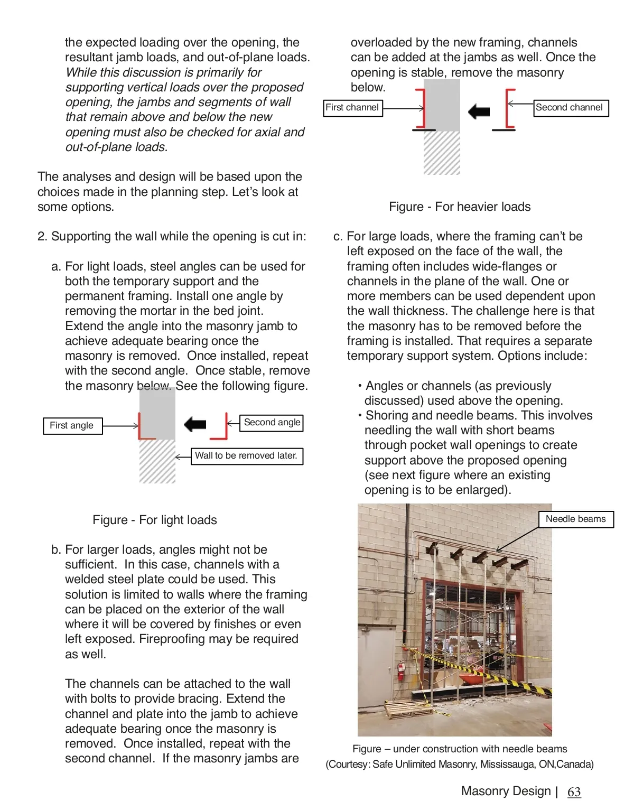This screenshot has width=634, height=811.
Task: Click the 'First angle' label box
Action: (x=72, y=426)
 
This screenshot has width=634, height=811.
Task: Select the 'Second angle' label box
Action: (x=272, y=423)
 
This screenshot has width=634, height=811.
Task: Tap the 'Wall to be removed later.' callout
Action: (x=246, y=456)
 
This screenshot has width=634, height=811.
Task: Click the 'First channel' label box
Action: (x=352, y=108)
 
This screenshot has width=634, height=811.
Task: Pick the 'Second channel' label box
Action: (x=570, y=108)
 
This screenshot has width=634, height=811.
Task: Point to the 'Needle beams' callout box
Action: (x=575, y=519)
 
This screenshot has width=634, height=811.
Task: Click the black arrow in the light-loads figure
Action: (x=195, y=424)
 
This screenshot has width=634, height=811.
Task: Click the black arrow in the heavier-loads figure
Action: (x=479, y=111)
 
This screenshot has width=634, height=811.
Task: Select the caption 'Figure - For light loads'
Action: (x=155, y=520)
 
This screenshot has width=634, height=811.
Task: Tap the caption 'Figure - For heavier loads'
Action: (x=460, y=207)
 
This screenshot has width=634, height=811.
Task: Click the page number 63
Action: (x=574, y=792)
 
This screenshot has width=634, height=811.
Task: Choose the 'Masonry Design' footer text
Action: (x=506, y=791)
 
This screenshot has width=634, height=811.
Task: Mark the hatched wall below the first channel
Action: (x=442, y=153)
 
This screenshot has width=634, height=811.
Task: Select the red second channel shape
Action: (x=508, y=109)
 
